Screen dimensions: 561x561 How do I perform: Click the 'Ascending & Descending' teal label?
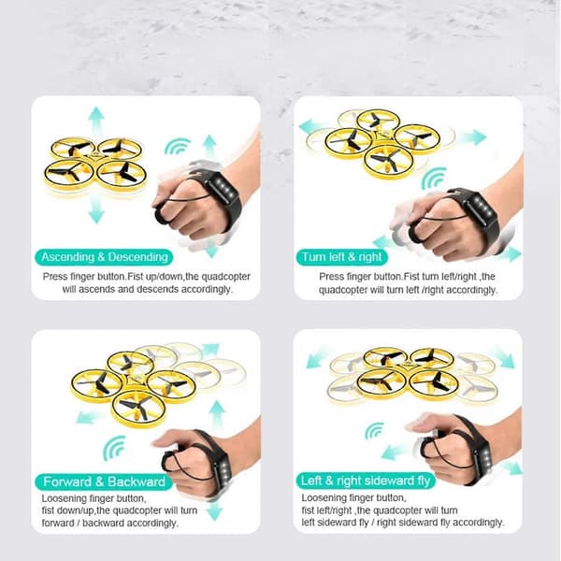click(104, 257)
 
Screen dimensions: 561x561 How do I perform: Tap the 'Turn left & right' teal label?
click(341, 257)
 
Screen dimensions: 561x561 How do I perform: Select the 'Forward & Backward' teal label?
click(104, 482)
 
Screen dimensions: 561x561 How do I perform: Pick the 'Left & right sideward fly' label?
click(366, 481)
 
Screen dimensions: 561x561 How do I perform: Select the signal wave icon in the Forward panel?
click(113, 447)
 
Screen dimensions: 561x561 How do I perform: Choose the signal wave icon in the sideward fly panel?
click(373, 430)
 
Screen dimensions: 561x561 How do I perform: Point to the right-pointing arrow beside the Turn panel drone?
click(473, 137)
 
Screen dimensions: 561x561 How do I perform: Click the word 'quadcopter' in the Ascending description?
click(225, 277)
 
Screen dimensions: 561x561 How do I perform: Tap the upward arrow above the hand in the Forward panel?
click(217, 414)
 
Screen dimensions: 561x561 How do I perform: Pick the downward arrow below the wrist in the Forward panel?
click(215, 511)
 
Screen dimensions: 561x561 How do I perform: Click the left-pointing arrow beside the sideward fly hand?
click(394, 453)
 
